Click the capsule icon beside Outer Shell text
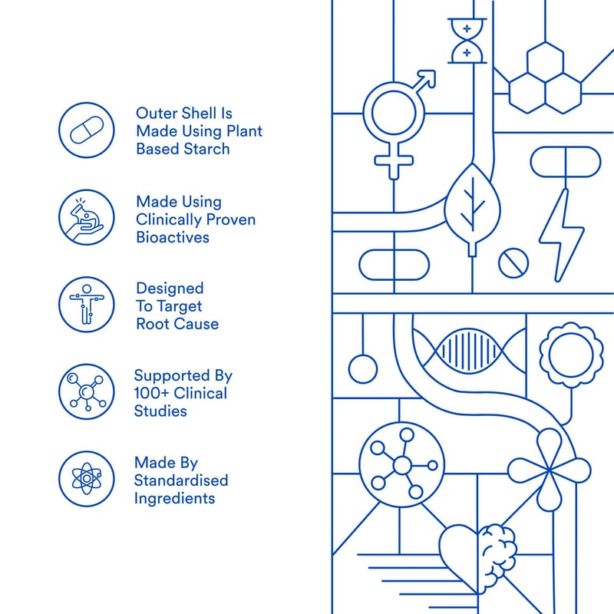(87, 130)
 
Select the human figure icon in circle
(87, 305)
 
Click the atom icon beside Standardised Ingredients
(87, 478)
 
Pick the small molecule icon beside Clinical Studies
(87, 391)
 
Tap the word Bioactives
(172, 237)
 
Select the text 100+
(150, 393)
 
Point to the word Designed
(170, 289)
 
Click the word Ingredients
(174, 498)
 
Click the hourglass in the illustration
(467, 41)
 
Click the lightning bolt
(562, 235)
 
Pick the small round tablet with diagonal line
(513, 262)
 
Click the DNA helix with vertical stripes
(468, 351)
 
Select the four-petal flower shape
(549, 470)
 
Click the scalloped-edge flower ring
(571, 355)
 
